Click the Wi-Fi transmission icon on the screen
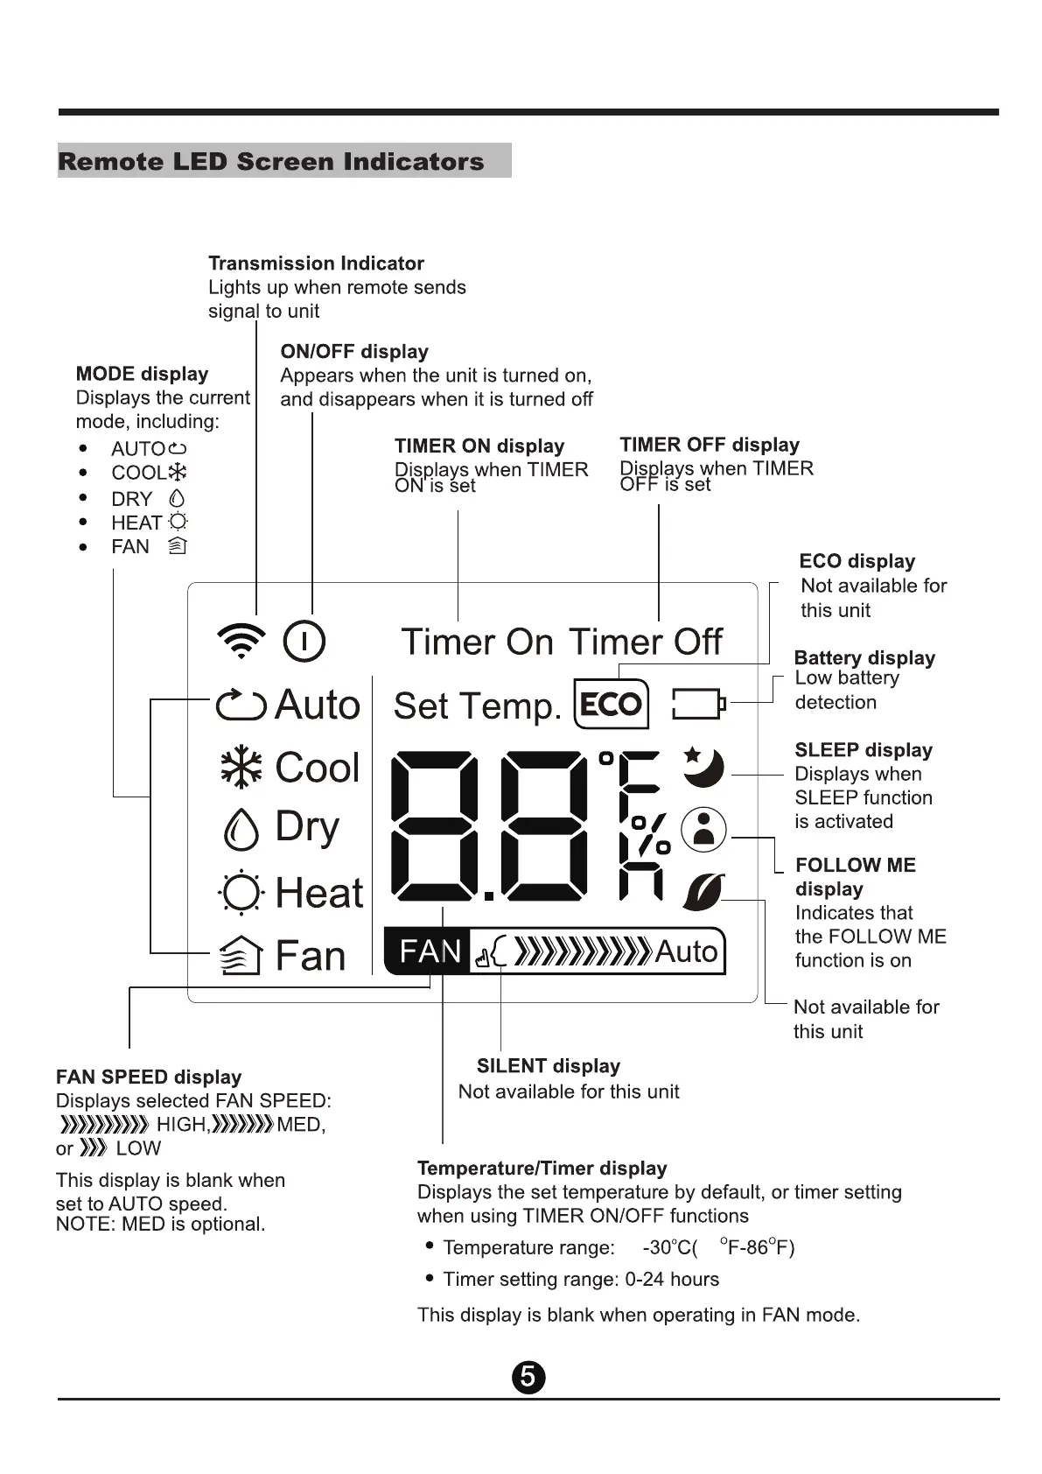coord(241,642)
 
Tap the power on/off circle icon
coord(304,642)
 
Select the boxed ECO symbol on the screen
coord(612,704)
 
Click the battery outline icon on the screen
coord(697,704)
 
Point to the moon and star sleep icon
coord(704,767)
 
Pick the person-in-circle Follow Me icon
coord(704,828)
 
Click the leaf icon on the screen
coord(703,892)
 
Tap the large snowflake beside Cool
coord(241,768)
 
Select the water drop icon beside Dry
coord(241,828)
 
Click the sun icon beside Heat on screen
coord(241,893)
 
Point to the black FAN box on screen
coord(429,951)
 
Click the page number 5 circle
coord(528,1377)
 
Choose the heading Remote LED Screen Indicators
coord(271,162)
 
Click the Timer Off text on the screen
coord(646,642)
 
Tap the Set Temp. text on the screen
coord(478,706)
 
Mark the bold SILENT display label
coord(549,1066)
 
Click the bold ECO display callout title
coord(857,561)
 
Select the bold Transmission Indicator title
coord(316,263)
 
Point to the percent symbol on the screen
coord(652,835)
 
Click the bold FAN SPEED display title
coord(149,1077)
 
